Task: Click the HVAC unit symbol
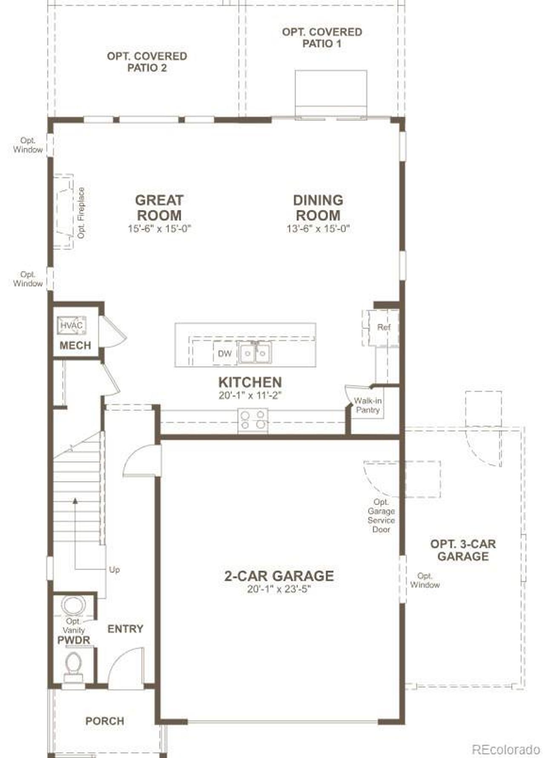point(72,325)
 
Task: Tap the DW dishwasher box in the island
point(224,353)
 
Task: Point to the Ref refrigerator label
point(384,327)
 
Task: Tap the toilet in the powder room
point(73,666)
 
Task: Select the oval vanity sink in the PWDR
point(74,605)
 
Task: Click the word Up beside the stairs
point(115,569)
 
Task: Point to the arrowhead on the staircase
point(75,501)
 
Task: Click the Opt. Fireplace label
point(81,212)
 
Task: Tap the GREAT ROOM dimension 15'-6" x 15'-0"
point(159,228)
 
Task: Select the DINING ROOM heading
point(318,207)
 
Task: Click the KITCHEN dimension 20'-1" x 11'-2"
point(250,395)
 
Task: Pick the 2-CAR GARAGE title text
point(279,576)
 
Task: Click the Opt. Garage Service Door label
point(381,516)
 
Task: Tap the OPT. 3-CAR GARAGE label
point(463,550)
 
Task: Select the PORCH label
point(105,721)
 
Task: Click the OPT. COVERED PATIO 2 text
point(147,62)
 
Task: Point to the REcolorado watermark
point(506,749)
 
